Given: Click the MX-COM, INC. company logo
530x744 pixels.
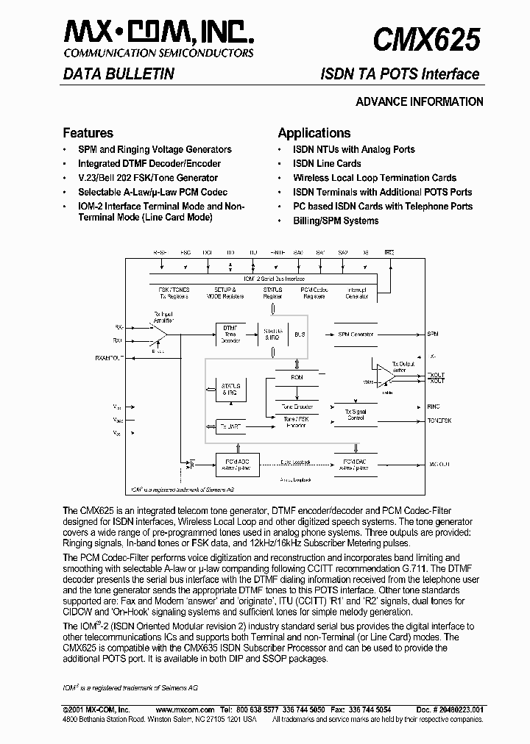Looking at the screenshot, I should point(160,32).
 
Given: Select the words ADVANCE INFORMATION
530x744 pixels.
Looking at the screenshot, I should point(420,102).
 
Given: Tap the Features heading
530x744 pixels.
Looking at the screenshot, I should point(88,133).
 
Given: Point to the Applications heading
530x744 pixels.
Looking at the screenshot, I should point(314,133).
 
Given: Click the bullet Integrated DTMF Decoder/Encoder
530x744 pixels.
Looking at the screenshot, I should point(149,163).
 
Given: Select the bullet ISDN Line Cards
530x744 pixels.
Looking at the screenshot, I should point(327,163).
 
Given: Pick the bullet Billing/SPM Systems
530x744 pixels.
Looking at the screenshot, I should point(336,221).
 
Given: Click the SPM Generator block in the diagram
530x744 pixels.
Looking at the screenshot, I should point(356,334).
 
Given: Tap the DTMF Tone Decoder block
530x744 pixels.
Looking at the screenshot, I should point(230,333).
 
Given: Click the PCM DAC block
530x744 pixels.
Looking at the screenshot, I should point(356,464).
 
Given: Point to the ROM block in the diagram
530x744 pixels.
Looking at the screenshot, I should point(297,377).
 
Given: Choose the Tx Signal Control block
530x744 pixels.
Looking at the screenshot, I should point(356,416).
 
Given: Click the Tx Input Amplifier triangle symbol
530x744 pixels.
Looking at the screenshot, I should point(158,334).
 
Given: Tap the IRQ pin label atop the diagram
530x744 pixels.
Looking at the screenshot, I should point(389,252).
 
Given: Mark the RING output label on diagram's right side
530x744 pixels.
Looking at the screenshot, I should point(434,406).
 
